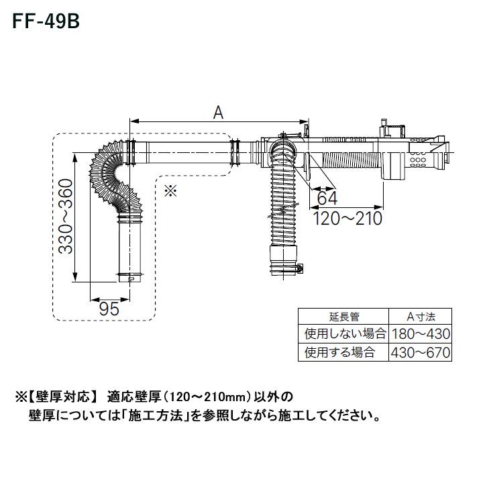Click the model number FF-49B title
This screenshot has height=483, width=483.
45,21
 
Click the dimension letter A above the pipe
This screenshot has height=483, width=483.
218,113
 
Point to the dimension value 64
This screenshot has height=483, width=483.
327,199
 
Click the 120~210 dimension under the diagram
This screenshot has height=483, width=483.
347,219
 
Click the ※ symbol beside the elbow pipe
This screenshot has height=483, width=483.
169,191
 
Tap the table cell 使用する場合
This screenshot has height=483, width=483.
339,352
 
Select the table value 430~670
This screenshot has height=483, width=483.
420,352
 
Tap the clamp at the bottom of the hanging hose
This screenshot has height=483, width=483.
285,268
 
